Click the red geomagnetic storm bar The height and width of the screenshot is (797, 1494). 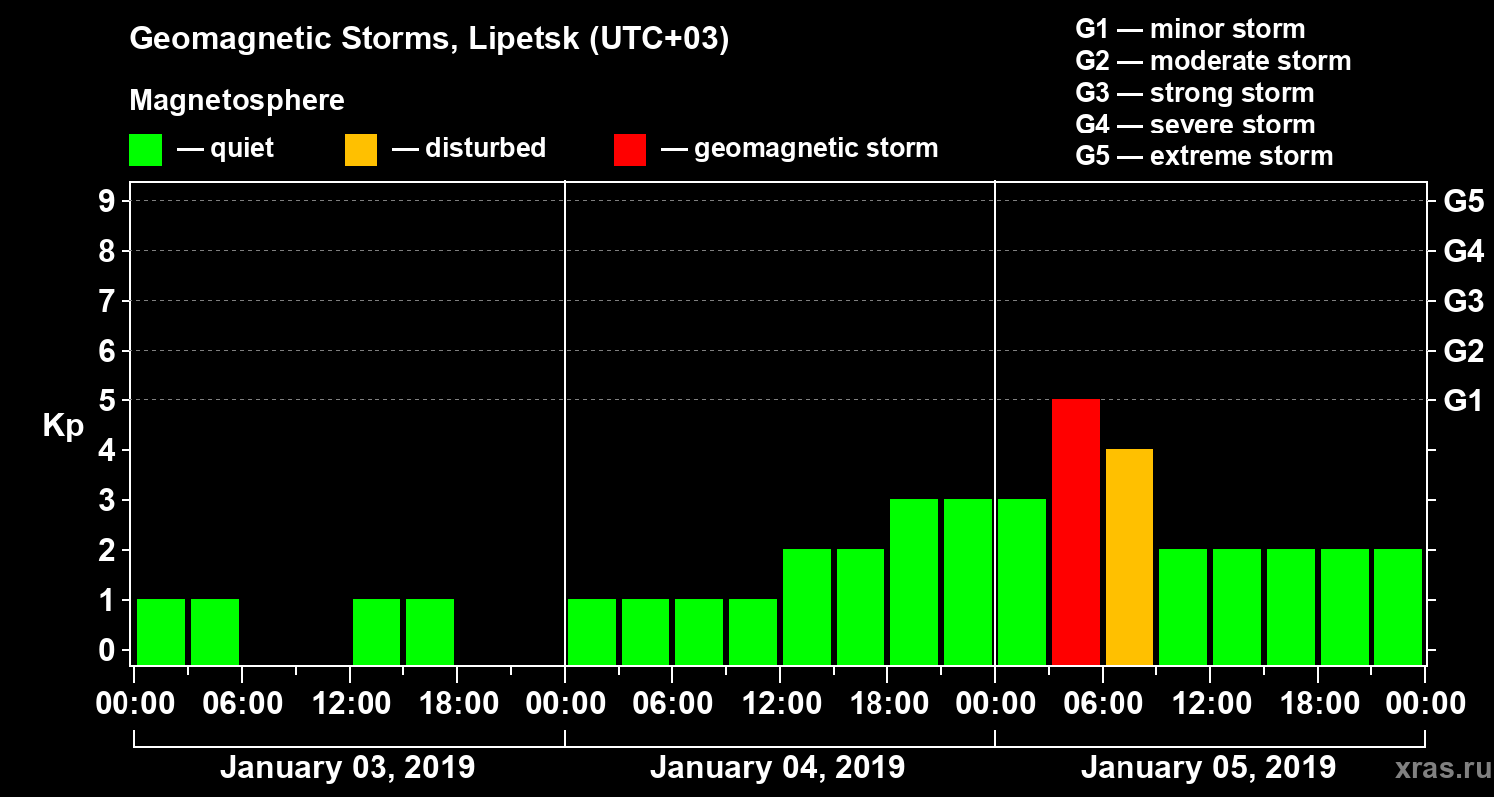(x=1076, y=532)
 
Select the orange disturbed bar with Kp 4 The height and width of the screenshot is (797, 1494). (x=1129, y=557)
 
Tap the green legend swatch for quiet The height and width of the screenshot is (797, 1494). (x=145, y=150)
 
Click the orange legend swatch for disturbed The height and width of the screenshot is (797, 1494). (x=361, y=150)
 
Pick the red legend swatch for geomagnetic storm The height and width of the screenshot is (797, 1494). (x=629, y=150)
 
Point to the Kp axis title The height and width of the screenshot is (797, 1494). (x=63, y=426)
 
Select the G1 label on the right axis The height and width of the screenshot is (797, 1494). (x=1463, y=401)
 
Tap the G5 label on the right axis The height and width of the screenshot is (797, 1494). (x=1463, y=202)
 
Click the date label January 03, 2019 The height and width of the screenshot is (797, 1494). (x=348, y=768)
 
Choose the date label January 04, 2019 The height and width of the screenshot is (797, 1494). (x=778, y=768)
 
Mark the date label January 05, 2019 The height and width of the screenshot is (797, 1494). (x=1208, y=768)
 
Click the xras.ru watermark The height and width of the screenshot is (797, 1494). (x=1440, y=769)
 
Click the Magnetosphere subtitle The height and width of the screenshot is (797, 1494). (x=237, y=101)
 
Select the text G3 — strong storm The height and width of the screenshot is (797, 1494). (x=1194, y=93)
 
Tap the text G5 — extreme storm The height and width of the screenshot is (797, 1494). (x=1203, y=156)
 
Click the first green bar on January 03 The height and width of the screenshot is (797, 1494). (x=161, y=632)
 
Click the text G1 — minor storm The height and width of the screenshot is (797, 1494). (x=1189, y=29)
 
